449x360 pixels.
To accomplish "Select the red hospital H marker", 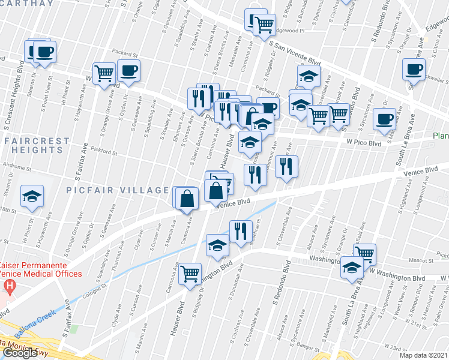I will click(x=10, y=286).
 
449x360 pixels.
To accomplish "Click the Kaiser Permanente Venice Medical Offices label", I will click(x=41, y=269).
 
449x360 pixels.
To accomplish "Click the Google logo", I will click(x=20, y=353).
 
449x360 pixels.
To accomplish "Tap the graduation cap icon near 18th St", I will click(x=32, y=196).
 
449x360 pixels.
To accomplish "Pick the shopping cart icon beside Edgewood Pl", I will click(x=264, y=25).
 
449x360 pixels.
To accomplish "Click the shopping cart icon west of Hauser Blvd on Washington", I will click(x=190, y=273).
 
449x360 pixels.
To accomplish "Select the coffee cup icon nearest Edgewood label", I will click(x=414, y=69).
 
